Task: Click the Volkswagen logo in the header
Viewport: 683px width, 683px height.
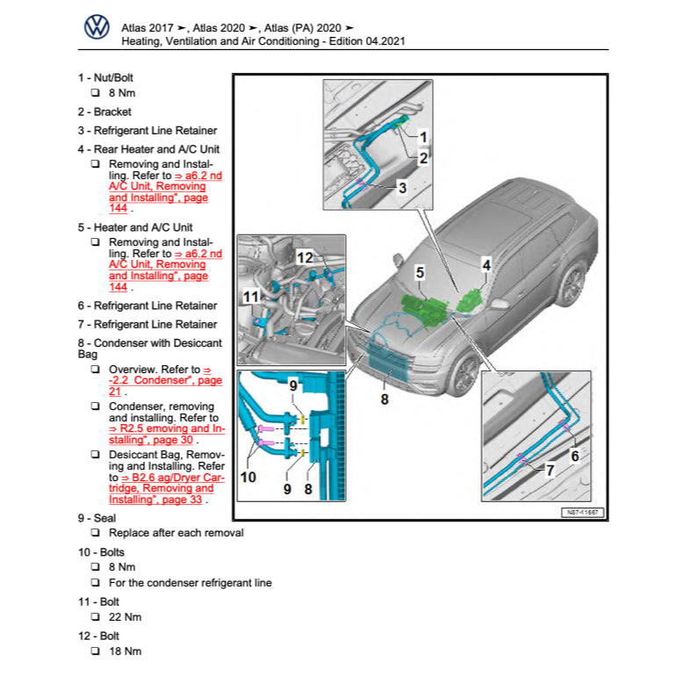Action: tap(97, 28)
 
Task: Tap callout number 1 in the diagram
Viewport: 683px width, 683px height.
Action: tap(422, 138)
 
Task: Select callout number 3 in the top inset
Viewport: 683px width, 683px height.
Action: tap(401, 187)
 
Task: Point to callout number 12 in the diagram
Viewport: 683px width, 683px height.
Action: tap(305, 257)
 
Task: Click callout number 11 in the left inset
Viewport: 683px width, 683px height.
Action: tap(251, 298)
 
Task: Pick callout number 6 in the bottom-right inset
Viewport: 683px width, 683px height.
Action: tap(575, 455)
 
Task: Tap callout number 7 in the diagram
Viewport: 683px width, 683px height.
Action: tap(550, 471)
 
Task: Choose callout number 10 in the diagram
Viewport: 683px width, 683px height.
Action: tap(248, 477)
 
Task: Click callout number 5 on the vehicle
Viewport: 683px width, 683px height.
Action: tap(420, 274)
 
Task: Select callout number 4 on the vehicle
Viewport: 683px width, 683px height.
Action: tap(485, 263)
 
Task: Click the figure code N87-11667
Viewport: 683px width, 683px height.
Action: tap(583, 512)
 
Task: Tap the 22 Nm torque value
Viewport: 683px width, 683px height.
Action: tap(125, 617)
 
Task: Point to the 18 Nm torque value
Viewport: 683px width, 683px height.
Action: tap(125, 651)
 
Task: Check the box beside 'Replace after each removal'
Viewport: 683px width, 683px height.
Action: tap(95, 533)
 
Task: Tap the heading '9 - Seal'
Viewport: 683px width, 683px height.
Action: tap(97, 518)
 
